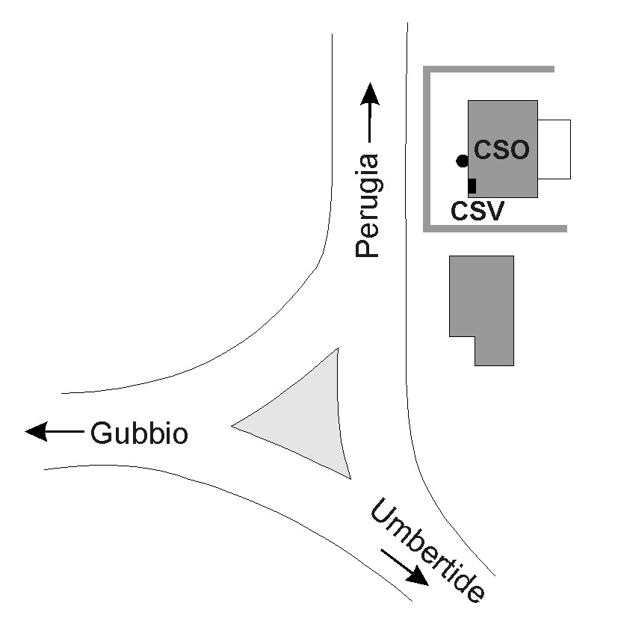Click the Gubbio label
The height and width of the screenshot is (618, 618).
point(139,433)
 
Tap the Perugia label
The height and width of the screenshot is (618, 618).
point(368,206)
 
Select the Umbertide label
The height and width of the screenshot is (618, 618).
point(428,550)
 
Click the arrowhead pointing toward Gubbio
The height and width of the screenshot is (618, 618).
point(37,432)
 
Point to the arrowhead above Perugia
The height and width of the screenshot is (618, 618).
point(370,93)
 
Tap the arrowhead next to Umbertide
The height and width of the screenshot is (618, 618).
point(418,576)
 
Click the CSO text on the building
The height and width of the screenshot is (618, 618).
point(501,149)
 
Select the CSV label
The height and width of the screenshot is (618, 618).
point(478,211)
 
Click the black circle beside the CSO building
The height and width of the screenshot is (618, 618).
point(463,161)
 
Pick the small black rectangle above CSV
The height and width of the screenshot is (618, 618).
point(472,186)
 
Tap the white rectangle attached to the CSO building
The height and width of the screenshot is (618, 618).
point(554,149)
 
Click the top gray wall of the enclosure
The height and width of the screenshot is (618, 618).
point(489,69)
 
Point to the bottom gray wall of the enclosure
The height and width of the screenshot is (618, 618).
point(495,229)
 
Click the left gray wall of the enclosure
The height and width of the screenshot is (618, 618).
point(427,149)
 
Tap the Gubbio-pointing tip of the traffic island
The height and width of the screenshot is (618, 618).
point(232,426)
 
